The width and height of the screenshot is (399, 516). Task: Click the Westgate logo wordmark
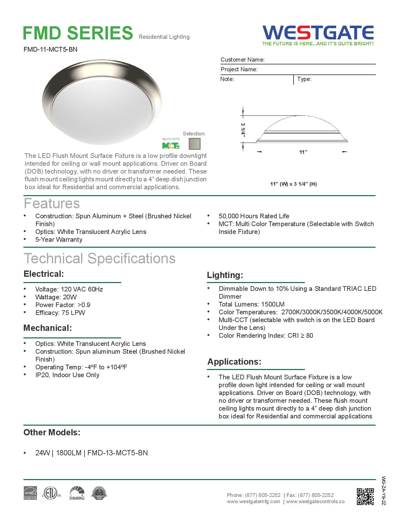tap(318, 33)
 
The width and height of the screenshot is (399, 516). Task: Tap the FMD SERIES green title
tap(78, 33)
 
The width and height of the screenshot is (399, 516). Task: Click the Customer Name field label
tap(243, 60)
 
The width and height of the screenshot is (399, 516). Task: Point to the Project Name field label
tap(239, 69)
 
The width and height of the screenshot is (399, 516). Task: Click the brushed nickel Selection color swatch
tap(194, 144)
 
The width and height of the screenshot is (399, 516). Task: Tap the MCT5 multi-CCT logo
tap(171, 145)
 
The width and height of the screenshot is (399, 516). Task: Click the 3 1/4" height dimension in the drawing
tap(243, 129)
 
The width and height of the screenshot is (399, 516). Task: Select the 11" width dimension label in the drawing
tap(303, 152)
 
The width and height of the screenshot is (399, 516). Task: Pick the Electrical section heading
tap(43, 274)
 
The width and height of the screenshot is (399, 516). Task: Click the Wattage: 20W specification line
tap(56, 297)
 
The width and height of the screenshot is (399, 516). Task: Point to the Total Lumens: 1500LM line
tap(251, 304)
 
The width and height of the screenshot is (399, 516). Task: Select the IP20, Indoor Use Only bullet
tap(67, 375)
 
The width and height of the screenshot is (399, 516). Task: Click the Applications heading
tap(234, 362)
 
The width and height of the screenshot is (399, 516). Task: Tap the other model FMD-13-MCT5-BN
tap(117, 453)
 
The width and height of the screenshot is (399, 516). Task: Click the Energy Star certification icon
tap(30, 493)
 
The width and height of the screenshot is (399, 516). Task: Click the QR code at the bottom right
tap(365, 496)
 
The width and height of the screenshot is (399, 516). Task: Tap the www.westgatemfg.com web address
tap(253, 502)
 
